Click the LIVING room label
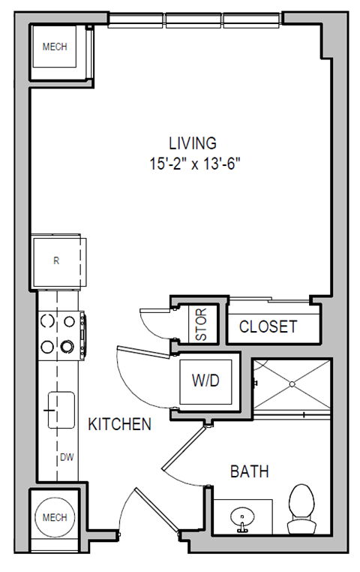(192, 143)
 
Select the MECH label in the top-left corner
(54, 47)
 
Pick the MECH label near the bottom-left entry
(54, 517)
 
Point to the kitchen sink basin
(61, 410)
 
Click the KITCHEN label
(120, 425)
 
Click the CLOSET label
(268, 327)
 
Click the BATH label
(249, 471)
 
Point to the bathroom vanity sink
(242, 518)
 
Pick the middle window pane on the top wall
(194, 20)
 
